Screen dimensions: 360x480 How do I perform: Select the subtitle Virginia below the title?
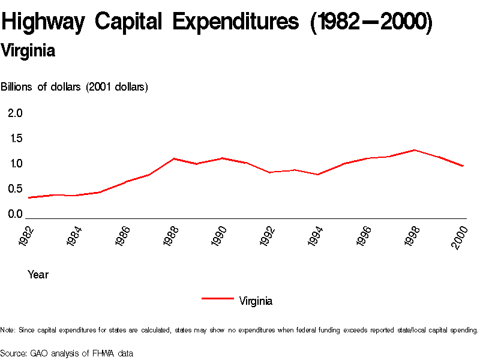coord(28,51)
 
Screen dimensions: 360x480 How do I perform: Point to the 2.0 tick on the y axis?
coord(15,113)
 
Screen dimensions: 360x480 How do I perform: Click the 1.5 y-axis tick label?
coord(15,139)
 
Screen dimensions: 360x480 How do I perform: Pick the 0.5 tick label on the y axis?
coord(15,189)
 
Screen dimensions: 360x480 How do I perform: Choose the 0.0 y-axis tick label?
coord(15,214)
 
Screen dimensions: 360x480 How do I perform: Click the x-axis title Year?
coord(38,275)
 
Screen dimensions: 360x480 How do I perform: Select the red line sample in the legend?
coord(217,298)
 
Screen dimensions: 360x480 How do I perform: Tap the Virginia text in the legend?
coord(256,301)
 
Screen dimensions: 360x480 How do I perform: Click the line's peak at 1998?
coord(415,150)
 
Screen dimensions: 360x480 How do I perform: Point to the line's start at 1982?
coord(29,197)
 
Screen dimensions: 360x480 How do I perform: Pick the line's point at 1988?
coord(173,158)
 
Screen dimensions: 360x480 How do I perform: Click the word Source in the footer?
coord(13,353)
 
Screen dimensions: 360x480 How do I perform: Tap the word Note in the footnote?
coord(7,330)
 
